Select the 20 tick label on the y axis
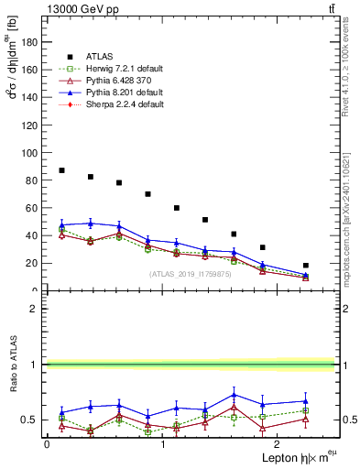tap(34, 264)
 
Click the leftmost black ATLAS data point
tap(61, 170)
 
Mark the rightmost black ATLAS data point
tap(306, 266)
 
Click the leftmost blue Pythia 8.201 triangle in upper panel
tap(61, 224)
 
